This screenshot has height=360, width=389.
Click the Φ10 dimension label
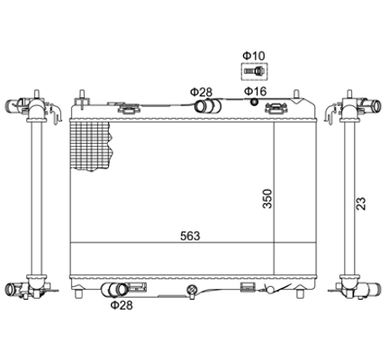click(x=254, y=56)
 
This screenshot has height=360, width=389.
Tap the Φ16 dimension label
click(x=255, y=91)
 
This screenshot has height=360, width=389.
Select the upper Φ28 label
click(x=201, y=92)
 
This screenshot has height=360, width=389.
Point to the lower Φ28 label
click(x=122, y=305)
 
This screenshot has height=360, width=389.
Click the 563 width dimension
click(x=190, y=236)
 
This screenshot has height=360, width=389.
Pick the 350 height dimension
click(x=267, y=198)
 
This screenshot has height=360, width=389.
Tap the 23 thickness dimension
click(x=361, y=203)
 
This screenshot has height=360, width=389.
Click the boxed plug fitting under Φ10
click(x=254, y=72)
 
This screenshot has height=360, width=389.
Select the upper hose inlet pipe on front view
click(x=208, y=106)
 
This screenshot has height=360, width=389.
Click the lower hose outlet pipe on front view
click(x=114, y=290)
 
